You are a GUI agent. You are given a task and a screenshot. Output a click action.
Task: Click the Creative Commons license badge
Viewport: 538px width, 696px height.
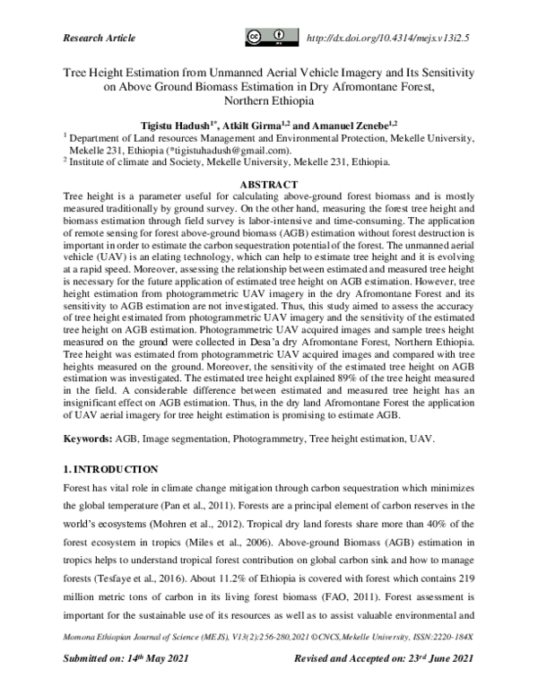(272, 38)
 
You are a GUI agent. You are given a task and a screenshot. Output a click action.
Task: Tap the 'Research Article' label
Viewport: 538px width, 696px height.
(100, 38)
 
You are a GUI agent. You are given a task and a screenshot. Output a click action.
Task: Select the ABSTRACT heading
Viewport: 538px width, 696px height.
(268, 183)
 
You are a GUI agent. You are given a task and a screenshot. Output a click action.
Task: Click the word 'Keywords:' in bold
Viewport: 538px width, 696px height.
(87, 440)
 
